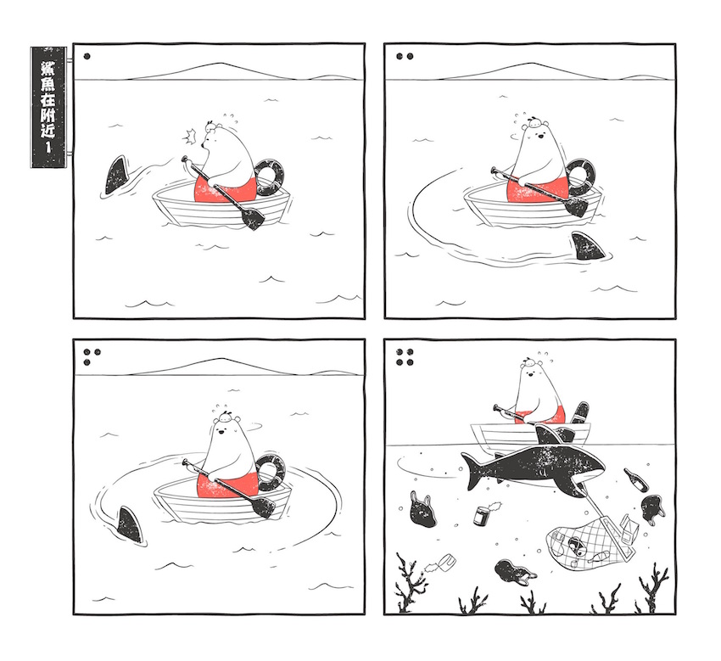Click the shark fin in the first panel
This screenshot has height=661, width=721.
[x=116, y=176]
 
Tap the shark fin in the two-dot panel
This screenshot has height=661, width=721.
[x=587, y=247]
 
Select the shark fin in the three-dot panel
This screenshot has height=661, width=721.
[x=130, y=525]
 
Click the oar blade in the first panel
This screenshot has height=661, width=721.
[x=252, y=217]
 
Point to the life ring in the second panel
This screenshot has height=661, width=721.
[x=581, y=178]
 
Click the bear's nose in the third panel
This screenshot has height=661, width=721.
[x=221, y=431]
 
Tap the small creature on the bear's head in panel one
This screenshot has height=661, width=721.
[x=211, y=126]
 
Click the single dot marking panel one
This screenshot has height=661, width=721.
[x=87, y=57]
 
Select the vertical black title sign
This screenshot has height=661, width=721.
[x=48, y=107]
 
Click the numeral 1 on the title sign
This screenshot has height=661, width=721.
[x=48, y=147]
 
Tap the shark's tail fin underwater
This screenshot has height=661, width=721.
[x=472, y=470]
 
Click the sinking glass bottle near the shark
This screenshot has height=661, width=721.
[x=636, y=479]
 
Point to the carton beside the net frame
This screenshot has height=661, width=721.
[x=627, y=529]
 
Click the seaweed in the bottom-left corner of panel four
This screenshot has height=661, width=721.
[x=408, y=583]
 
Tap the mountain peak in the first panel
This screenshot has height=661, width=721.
[x=222, y=63]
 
